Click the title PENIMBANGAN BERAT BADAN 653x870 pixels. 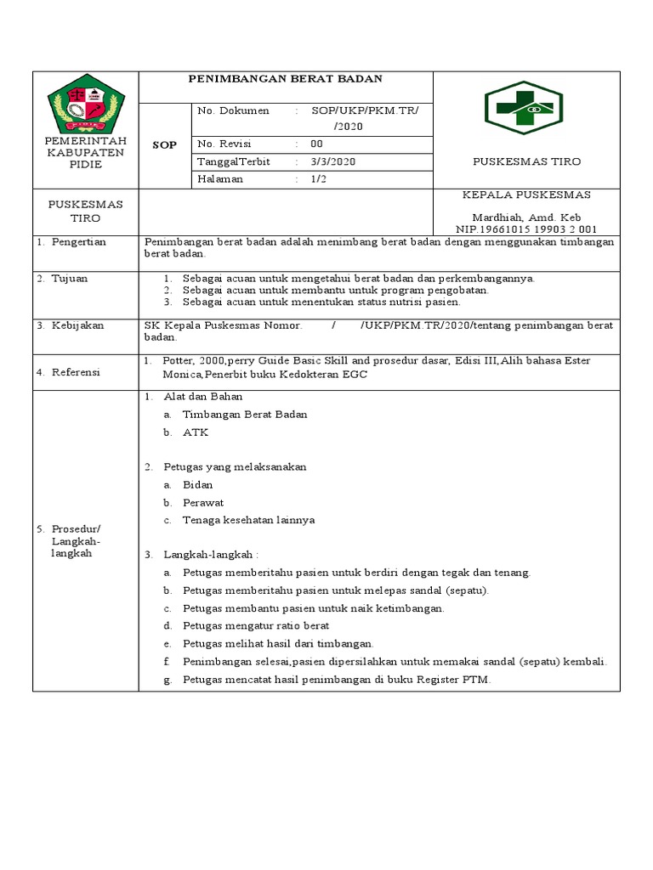(x=285, y=79)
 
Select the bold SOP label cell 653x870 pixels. (x=165, y=145)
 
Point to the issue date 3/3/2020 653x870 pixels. (x=327, y=161)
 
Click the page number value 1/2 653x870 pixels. (x=318, y=179)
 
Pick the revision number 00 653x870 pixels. (x=316, y=144)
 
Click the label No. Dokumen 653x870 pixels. (x=233, y=111)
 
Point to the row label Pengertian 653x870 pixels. (x=77, y=242)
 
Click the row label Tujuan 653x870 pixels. (x=71, y=278)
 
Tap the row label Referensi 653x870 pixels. (x=76, y=371)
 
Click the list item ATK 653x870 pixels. (x=195, y=432)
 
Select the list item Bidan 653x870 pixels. (x=197, y=484)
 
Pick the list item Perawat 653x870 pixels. (x=202, y=502)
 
